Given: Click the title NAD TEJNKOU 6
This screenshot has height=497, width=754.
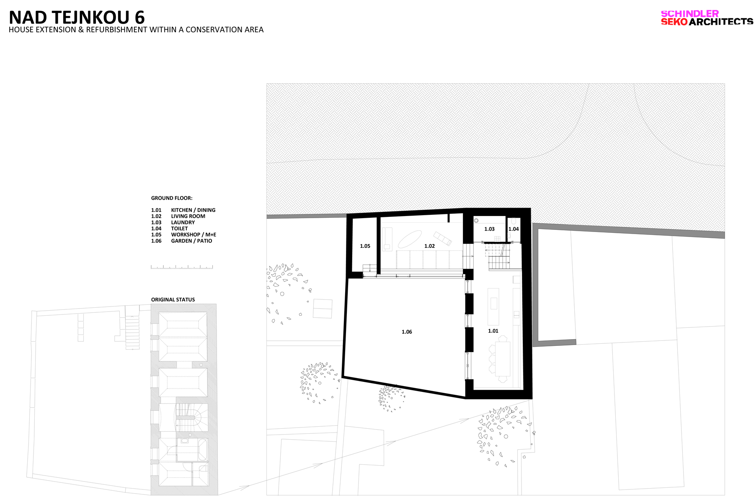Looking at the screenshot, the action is point(77,18).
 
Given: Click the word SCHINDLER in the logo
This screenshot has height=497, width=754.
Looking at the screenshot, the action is point(689,13).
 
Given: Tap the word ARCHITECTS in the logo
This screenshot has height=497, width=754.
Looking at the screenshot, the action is point(721,22).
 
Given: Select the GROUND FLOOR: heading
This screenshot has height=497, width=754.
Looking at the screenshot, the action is point(172,198).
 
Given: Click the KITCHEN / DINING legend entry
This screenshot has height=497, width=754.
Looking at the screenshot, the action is point(193,210).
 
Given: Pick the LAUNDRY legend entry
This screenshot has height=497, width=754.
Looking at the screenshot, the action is point(183,222).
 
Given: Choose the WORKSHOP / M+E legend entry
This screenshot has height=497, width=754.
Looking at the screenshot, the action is point(194,234).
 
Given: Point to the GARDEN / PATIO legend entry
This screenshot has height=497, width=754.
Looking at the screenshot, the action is point(191,241).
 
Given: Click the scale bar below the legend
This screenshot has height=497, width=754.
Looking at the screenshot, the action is point(182,267).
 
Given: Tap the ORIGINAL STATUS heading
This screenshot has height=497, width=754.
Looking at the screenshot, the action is point(173,300).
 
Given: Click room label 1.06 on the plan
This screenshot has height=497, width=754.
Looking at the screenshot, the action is point(407,332).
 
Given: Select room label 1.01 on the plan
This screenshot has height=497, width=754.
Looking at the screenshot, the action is point(493,331).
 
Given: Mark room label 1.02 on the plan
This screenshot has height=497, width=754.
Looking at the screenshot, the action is point(429,246).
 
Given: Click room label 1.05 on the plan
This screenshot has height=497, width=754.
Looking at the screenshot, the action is point(365,246).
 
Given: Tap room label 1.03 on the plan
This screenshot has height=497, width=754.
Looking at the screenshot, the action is point(489,229).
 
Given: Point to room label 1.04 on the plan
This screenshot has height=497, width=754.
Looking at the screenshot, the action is point(514,229).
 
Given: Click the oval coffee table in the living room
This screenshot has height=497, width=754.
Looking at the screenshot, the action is point(410,239).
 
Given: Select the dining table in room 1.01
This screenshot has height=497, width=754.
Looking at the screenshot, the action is point(503,359).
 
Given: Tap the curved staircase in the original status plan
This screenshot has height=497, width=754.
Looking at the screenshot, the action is point(191,417).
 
